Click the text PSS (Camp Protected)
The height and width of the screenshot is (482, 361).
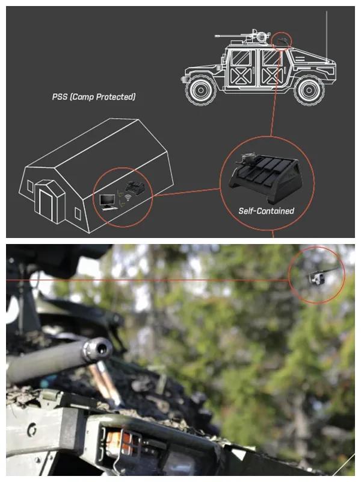[94, 97]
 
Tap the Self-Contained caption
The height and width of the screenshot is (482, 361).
[266, 211]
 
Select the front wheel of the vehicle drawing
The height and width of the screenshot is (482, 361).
[201, 90]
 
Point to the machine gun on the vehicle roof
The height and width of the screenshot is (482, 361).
[242, 37]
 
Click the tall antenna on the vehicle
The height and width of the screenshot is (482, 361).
[327, 36]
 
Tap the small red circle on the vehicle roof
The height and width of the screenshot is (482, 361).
[282, 40]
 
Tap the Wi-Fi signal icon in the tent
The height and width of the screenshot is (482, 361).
[128, 198]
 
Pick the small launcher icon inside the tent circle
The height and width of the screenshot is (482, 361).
[134, 188]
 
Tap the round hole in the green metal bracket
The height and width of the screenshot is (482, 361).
[32, 430]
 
